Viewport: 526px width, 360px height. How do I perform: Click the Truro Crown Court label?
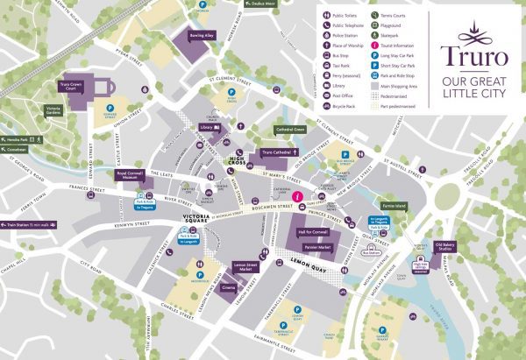pyautogui.click(x=75, y=87)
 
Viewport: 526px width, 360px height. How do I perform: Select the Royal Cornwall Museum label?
pyautogui.click(x=135, y=175)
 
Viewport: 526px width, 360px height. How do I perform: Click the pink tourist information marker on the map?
pyautogui.click(x=298, y=195)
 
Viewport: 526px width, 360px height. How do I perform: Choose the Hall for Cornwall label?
pyautogui.click(x=313, y=230)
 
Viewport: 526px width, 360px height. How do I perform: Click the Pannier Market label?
pyautogui.click(x=316, y=248)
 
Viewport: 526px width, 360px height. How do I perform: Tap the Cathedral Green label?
pyautogui.click(x=289, y=130)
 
